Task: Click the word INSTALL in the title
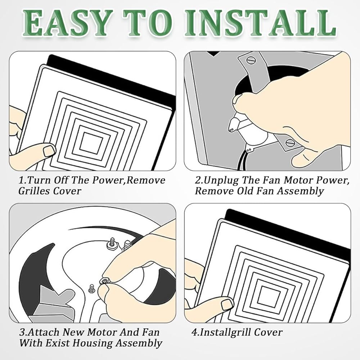tap(262, 23)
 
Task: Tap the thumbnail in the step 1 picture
tap(49, 150)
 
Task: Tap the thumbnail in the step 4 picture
tap(227, 304)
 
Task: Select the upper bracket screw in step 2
tap(251, 60)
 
